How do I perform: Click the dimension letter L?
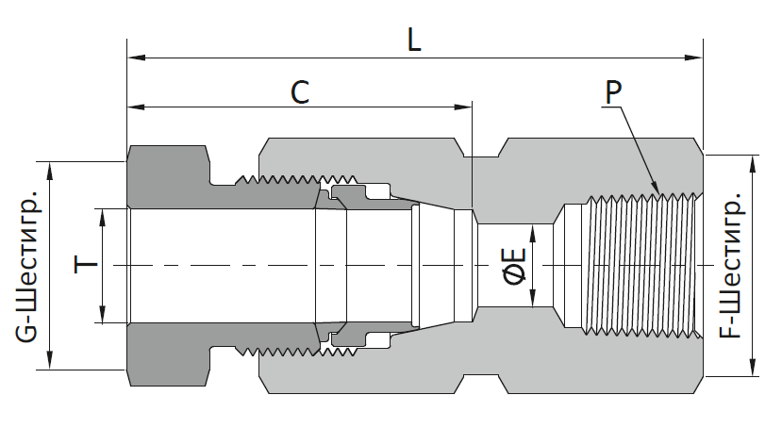coord(414,40)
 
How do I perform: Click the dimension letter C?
coord(300,92)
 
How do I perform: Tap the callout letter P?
coord(613,92)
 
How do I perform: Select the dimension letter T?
coord(86,265)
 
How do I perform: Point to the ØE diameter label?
coord(515,266)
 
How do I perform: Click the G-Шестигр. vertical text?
coord(27,265)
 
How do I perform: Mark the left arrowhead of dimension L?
coord(136,58)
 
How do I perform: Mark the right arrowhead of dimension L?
coord(693,58)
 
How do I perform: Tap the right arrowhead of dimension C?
coord(462,107)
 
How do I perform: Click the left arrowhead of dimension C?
coord(136,107)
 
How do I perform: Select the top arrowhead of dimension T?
coord(103,218)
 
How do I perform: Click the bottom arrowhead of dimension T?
coord(103,314)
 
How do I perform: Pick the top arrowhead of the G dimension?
coord(50,171)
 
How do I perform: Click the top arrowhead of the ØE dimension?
coord(533,234)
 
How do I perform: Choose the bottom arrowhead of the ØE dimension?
coord(533,298)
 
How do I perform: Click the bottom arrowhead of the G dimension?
coord(50,360)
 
